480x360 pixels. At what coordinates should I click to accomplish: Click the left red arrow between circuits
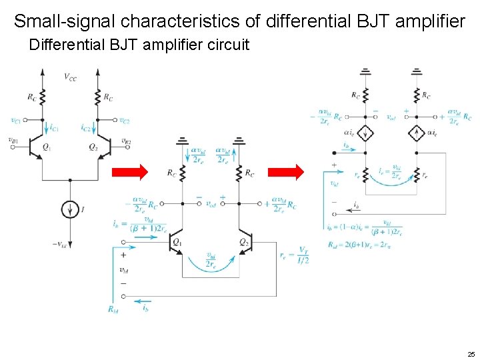[x=129, y=173]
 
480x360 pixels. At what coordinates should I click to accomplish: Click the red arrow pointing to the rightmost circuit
[x=286, y=173]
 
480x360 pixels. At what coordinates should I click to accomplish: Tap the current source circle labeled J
[x=69, y=210]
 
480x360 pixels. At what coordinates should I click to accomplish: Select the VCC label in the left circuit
[x=70, y=77]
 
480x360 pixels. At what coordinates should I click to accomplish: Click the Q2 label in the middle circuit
[x=245, y=241]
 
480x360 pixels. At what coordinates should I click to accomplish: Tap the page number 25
[x=471, y=353]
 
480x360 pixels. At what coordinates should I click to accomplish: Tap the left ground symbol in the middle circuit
[x=182, y=141]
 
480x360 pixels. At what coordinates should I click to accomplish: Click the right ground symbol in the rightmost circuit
[x=417, y=71]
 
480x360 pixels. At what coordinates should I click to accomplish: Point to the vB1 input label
[x=13, y=140]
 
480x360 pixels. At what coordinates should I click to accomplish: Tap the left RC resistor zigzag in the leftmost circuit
[x=42, y=97]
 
